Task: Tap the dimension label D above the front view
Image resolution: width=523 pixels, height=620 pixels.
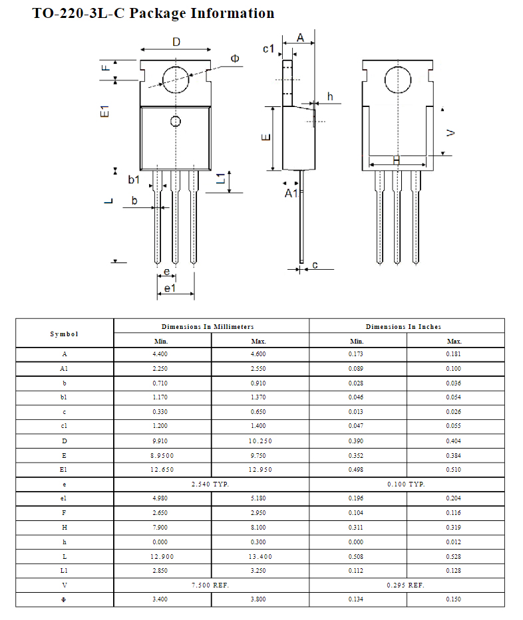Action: pos(176,42)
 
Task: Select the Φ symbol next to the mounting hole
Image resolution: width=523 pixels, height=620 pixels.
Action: pos(235,59)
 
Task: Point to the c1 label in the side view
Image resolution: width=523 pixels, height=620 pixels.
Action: pos(269,49)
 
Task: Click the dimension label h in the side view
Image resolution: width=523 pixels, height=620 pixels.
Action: pos(329,97)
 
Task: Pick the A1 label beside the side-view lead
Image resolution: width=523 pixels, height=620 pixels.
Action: pos(291,193)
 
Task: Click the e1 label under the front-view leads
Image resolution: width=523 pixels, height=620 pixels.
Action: pos(170,288)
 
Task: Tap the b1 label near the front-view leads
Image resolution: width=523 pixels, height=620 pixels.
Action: pos(134,179)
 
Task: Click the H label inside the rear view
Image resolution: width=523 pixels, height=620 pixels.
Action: pos(397,160)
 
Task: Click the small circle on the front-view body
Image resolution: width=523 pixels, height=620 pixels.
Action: pos(176,122)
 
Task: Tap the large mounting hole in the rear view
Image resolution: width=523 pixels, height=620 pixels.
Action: pos(397,81)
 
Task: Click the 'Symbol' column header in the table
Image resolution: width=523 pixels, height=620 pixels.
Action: pos(64,334)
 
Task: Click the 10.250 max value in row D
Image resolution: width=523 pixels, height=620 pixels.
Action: pos(260,441)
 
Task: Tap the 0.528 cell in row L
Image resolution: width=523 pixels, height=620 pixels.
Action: pos(454,557)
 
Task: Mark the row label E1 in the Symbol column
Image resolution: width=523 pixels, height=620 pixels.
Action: pos(64,470)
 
